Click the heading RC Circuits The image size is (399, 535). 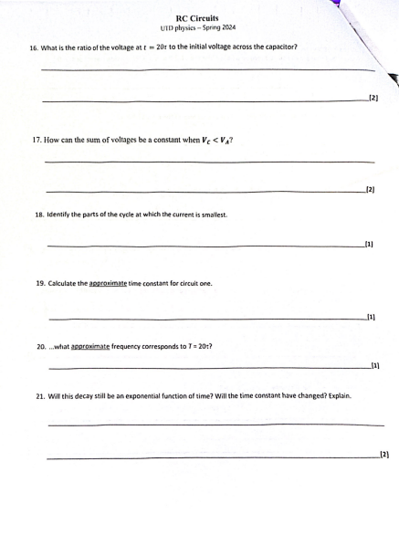click(x=198, y=17)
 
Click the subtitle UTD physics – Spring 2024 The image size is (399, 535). click(x=198, y=27)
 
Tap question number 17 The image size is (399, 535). click(x=37, y=141)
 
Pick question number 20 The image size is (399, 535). click(x=41, y=348)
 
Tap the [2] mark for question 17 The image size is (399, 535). click(x=370, y=190)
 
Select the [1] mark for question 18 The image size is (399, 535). click(x=369, y=244)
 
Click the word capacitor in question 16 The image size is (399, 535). click(x=276, y=47)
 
